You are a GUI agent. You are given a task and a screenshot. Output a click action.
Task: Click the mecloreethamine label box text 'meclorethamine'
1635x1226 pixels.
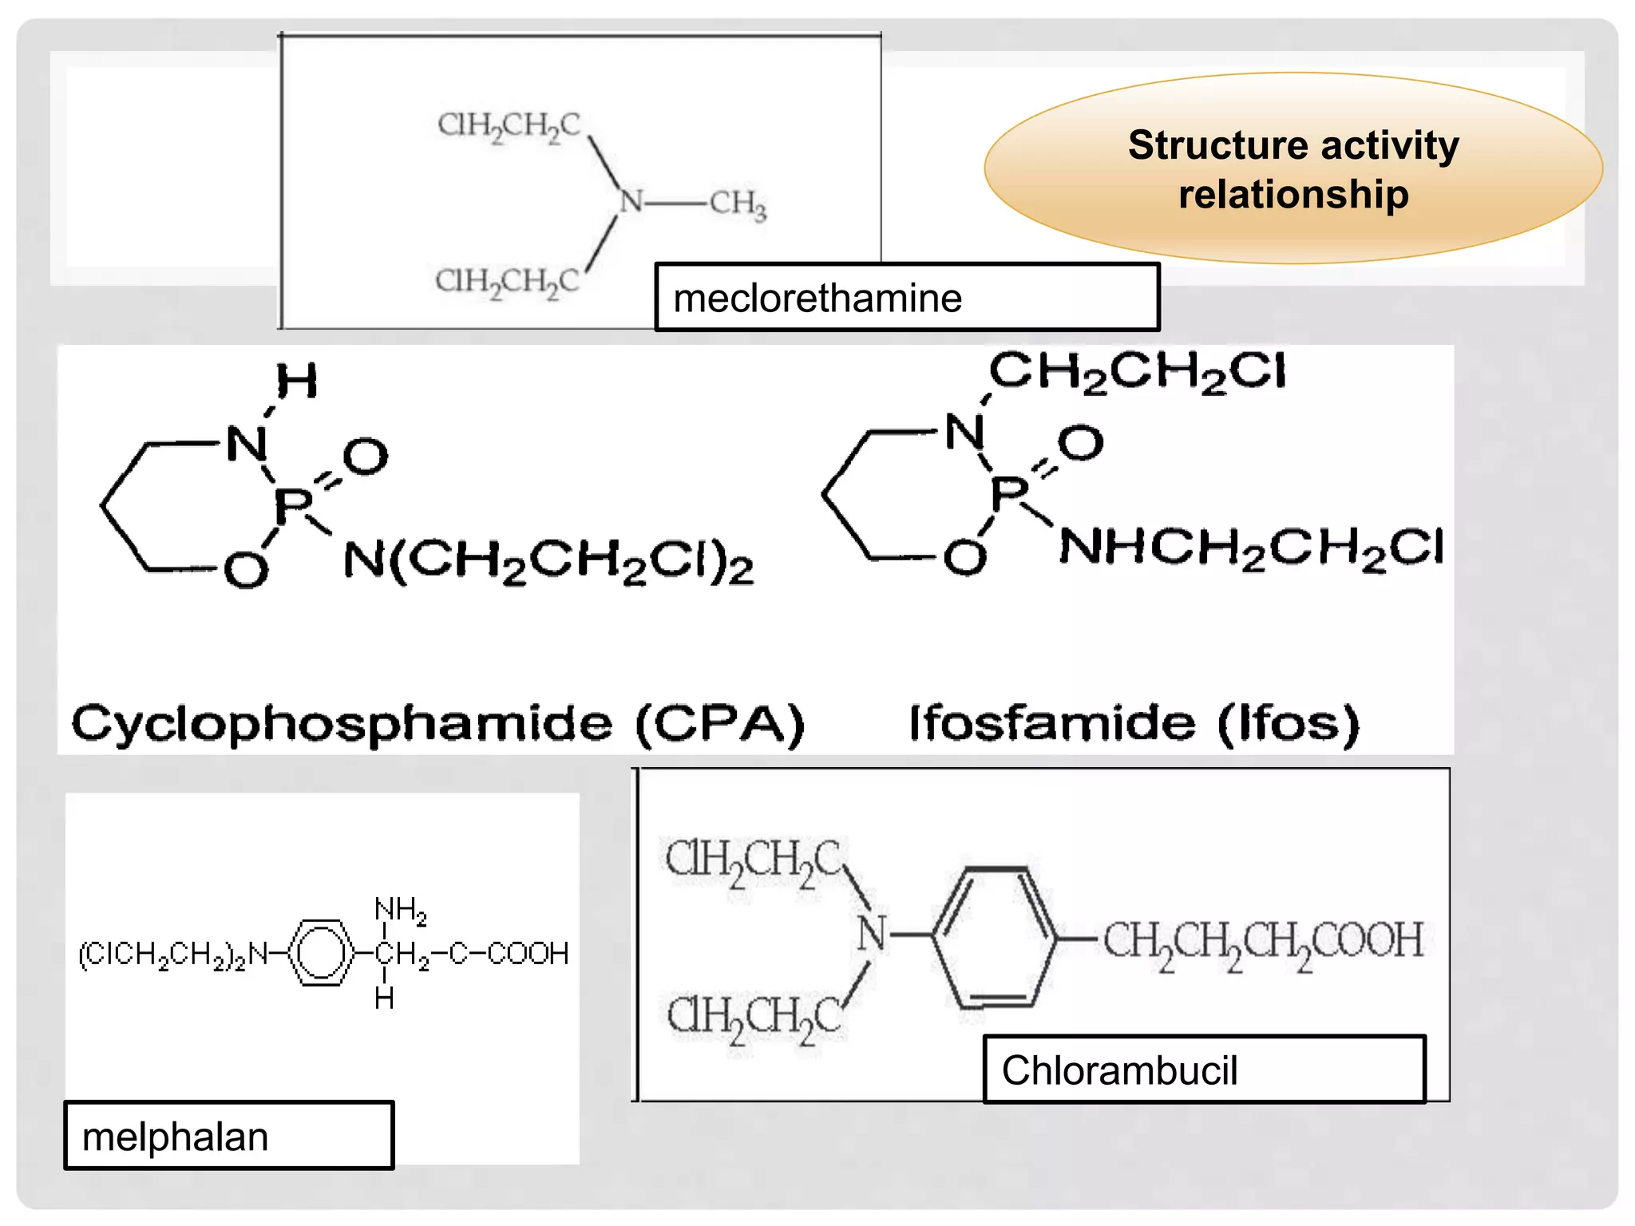(x=817, y=299)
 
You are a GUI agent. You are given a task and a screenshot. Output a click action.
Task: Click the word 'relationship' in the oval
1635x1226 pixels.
(x=1293, y=196)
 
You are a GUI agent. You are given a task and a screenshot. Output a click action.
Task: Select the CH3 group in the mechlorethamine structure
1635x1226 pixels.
(x=738, y=204)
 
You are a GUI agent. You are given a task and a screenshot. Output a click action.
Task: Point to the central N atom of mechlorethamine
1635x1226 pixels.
(x=631, y=201)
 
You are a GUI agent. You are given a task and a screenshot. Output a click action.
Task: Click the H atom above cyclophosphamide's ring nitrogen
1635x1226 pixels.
(x=296, y=381)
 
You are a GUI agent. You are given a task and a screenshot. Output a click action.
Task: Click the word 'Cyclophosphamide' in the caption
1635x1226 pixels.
(x=342, y=723)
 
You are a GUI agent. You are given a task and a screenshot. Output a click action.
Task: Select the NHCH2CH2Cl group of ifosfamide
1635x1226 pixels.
(x=1251, y=548)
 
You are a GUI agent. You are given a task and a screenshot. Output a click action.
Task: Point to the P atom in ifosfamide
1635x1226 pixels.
(x=1009, y=493)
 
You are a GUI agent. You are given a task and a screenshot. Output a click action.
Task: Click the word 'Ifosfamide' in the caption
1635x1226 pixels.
(x=1052, y=723)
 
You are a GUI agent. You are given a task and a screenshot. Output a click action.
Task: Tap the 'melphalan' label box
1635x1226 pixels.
(x=228, y=1136)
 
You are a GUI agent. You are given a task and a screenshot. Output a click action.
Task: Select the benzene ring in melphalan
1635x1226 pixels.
(x=320, y=953)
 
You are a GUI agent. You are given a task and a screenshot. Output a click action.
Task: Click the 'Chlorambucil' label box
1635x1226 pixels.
(x=1204, y=1070)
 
